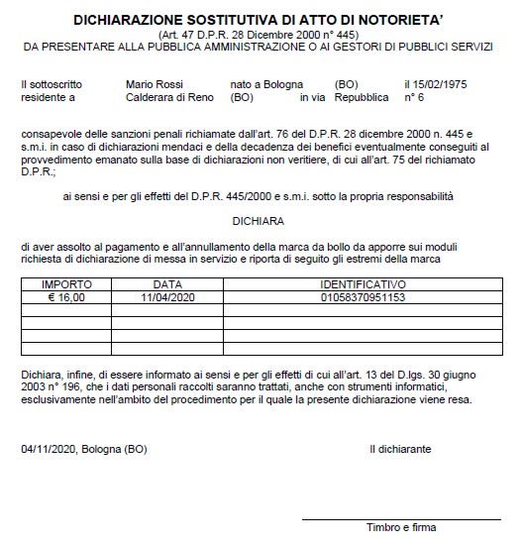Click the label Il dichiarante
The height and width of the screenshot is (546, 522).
coord(399,449)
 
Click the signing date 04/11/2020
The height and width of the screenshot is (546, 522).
coord(46,449)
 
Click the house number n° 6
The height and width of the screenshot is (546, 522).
coord(415,99)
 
